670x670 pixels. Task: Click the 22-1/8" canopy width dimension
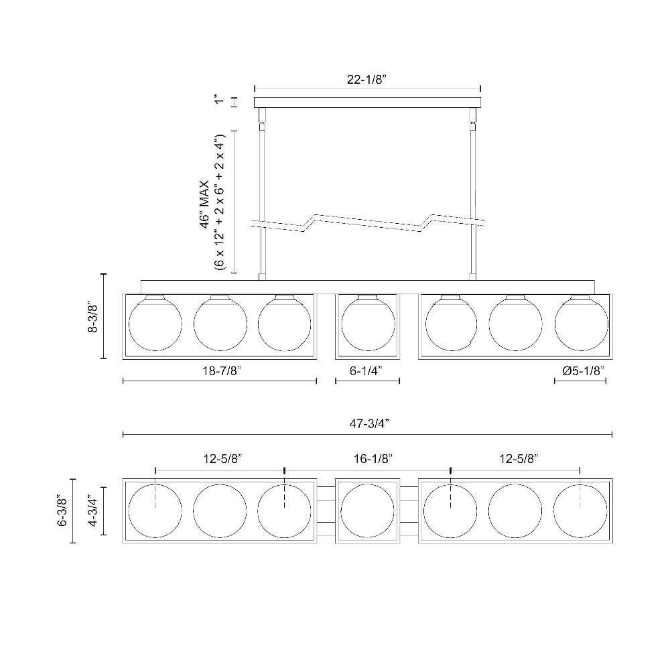[x=366, y=80]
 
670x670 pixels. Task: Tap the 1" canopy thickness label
[x=219, y=99]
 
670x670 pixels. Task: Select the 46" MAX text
[x=205, y=204]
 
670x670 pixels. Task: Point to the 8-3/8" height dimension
[x=93, y=318]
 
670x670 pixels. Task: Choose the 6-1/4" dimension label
[x=366, y=371]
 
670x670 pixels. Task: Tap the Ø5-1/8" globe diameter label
[x=584, y=371]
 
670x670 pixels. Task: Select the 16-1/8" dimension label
[x=373, y=459]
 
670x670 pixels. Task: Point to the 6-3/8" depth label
[x=63, y=512]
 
